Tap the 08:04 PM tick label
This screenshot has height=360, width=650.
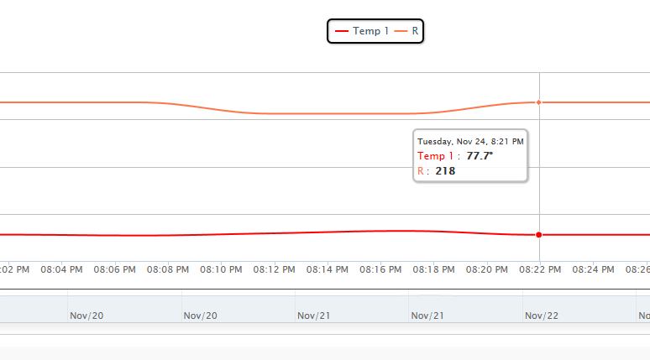pyautogui.click(x=62, y=270)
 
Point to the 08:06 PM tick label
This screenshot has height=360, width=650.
pyautogui.click(x=115, y=270)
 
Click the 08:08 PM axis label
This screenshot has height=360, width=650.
pyautogui.click(x=168, y=270)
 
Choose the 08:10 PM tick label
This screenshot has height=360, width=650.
pyautogui.click(x=221, y=270)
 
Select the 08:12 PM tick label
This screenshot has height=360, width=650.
pyautogui.click(x=275, y=270)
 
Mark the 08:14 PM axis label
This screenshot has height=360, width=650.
pyautogui.click(x=328, y=270)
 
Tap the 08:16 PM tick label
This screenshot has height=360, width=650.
pyautogui.click(x=380, y=270)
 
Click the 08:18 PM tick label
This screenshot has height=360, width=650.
pyautogui.click(x=433, y=270)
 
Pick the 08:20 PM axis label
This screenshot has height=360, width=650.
pyautogui.click(x=487, y=270)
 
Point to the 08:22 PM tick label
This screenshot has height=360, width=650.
pyautogui.click(x=540, y=270)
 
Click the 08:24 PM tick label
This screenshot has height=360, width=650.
pyautogui.click(x=593, y=270)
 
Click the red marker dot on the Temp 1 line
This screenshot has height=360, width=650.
pyautogui.click(x=538, y=235)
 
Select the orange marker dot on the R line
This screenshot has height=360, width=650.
pyautogui.click(x=538, y=102)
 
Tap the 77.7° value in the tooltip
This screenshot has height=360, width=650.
pyautogui.click(x=480, y=156)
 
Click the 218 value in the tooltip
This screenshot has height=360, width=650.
pyautogui.click(x=445, y=171)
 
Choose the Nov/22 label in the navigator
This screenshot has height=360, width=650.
pyautogui.click(x=542, y=316)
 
